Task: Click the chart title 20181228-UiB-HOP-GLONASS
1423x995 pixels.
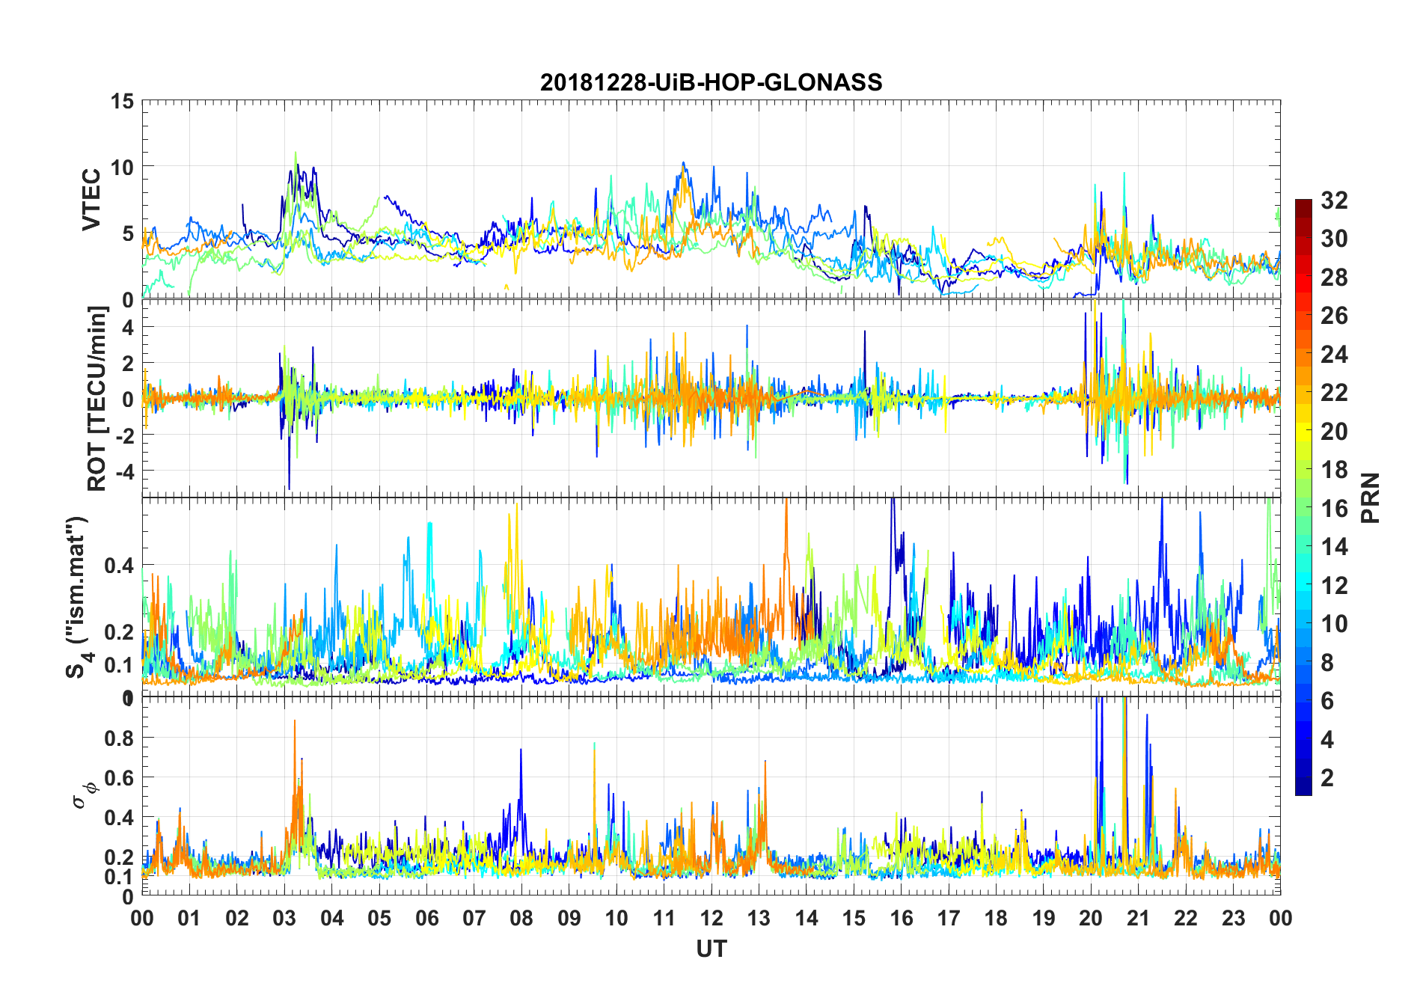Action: (711, 82)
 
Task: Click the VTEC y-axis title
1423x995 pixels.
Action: (91, 200)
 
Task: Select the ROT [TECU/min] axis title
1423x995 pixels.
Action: (97, 398)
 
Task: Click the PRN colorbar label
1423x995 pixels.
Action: (1370, 497)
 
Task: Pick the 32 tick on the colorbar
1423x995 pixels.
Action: (1334, 200)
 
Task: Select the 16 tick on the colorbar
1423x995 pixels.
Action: (1334, 509)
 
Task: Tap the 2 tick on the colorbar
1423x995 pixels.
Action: (1326, 778)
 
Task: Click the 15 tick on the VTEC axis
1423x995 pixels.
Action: (123, 101)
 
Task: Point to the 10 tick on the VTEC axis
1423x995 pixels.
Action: (123, 167)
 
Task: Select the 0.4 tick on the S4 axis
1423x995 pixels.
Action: (120, 566)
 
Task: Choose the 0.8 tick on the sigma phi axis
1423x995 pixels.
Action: (120, 738)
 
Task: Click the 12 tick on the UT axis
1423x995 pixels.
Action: (711, 918)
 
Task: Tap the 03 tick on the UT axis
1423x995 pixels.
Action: (284, 918)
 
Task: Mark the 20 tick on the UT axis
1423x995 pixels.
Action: (1091, 918)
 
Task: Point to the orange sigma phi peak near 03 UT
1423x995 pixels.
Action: (295, 723)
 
